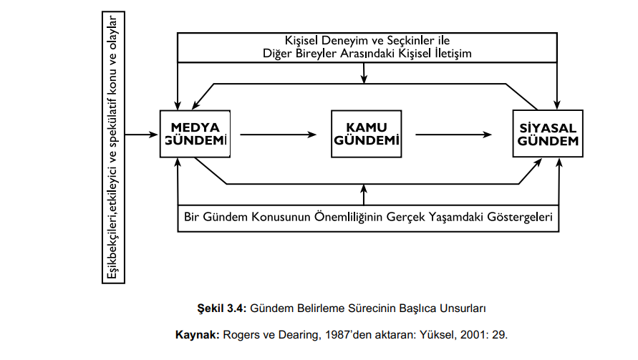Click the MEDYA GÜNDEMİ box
(x=195, y=134)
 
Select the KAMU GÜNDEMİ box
(x=365, y=134)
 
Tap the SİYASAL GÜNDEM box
(x=548, y=134)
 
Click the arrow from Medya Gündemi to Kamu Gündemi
(x=279, y=134)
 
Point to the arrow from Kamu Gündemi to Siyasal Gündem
(x=455, y=134)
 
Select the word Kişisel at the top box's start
(x=301, y=39)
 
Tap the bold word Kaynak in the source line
(x=195, y=334)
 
